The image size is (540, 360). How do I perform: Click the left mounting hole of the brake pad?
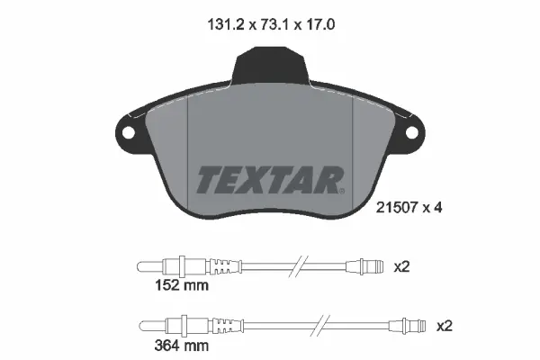(127, 133)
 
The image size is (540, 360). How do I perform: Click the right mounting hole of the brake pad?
(413, 133)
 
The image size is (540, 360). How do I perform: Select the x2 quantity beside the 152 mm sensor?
(402, 265)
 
